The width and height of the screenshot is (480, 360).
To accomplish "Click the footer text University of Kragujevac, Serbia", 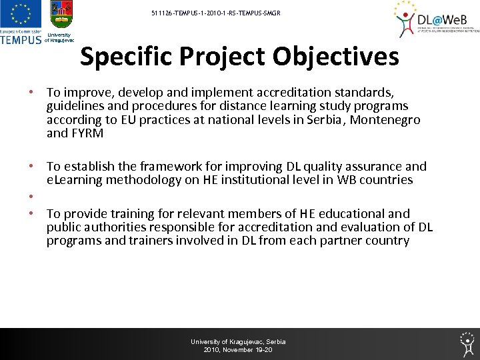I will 238,342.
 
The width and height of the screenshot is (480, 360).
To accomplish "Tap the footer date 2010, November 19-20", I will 238,350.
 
